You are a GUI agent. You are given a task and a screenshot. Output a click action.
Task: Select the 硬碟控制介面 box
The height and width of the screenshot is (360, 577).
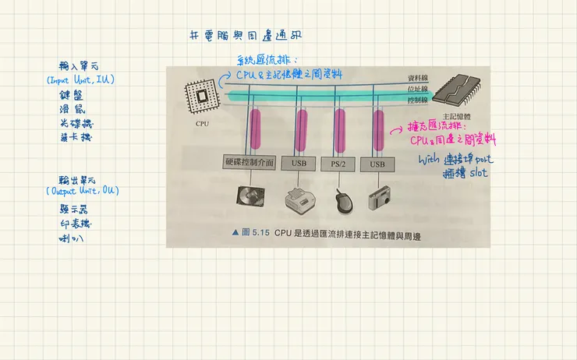248,164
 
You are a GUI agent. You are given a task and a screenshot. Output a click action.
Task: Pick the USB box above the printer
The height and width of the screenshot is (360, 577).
299,164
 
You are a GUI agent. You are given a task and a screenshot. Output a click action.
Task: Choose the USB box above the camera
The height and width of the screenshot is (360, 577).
377,164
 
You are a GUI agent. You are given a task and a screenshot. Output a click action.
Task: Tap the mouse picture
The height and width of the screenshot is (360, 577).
342,201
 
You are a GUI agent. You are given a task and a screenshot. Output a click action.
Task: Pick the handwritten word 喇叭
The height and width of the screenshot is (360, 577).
73,238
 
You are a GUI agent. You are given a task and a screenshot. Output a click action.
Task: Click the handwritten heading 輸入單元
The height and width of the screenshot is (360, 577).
76,66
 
